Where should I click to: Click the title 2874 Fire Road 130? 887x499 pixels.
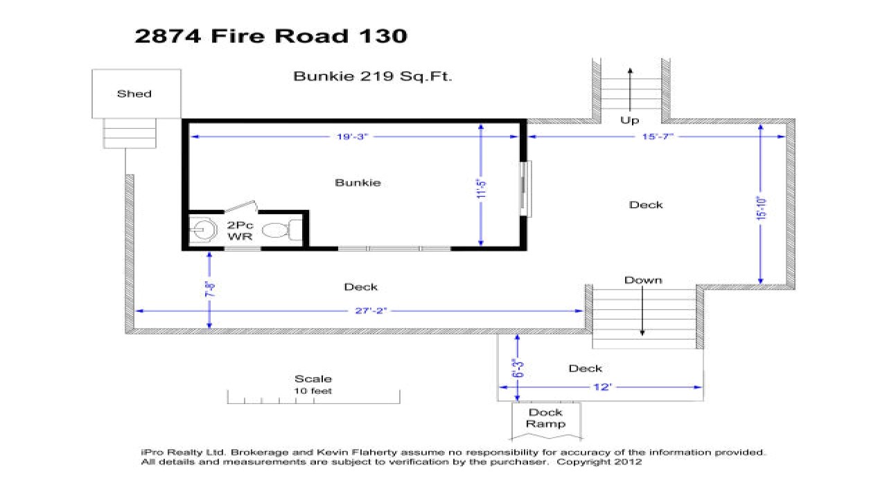click(270, 36)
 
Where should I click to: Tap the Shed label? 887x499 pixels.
click(134, 94)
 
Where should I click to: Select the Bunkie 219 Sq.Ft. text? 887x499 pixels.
click(373, 76)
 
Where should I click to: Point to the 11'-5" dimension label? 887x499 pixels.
click(482, 189)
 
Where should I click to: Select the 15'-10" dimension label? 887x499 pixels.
click(762, 205)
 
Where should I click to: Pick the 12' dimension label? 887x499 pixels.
click(601, 387)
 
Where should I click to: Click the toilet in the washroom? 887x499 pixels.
click(281, 229)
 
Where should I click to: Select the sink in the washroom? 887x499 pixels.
click(204, 229)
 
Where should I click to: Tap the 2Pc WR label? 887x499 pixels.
click(240, 231)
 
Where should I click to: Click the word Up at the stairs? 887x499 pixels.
click(629, 121)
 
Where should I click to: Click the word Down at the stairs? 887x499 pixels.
click(643, 280)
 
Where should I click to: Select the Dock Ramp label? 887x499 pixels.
click(546, 418)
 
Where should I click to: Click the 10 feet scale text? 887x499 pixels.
click(313, 391)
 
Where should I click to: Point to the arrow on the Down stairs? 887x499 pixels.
click(643, 312)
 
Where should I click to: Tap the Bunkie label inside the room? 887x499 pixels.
click(358, 183)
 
